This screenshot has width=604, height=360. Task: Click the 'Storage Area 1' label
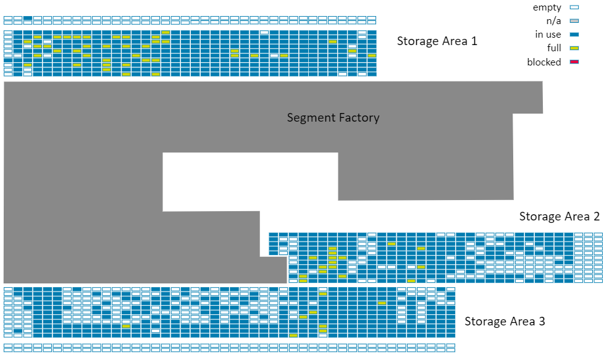tap(437, 41)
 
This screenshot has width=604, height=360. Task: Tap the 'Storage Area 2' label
tap(559, 216)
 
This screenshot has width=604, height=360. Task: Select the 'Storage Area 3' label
tap(505, 321)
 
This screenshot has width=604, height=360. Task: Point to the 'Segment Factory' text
tap(333, 117)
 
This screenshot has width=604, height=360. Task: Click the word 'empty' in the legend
tap(547, 7)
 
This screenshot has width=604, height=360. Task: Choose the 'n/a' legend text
tap(554, 21)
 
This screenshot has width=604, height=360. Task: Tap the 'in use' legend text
tap(548, 35)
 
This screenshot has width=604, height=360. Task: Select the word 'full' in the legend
tap(553, 48)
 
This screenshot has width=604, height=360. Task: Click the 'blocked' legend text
tap(544, 62)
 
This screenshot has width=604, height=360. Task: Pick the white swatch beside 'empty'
tap(574, 7)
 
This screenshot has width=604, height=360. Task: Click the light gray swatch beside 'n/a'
tap(574, 21)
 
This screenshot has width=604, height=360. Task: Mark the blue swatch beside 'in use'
tap(574, 35)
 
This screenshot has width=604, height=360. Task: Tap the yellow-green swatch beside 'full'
tap(574, 48)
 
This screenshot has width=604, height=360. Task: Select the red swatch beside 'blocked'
tap(574, 62)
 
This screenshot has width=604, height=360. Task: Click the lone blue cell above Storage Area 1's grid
tap(28, 18)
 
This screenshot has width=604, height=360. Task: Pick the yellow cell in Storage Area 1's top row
tap(166, 32)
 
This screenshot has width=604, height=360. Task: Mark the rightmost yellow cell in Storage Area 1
tap(371, 55)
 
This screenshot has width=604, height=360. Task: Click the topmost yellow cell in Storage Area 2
tap(391, 244)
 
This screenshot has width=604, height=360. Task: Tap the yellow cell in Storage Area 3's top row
tap(322, 294)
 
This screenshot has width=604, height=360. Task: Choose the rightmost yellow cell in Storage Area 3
tap(382, 303)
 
